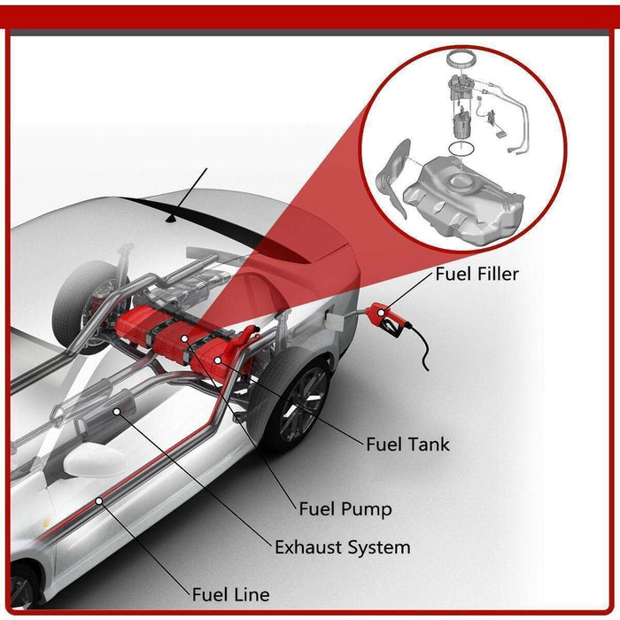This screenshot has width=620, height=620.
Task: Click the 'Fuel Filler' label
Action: (x=476, y=274)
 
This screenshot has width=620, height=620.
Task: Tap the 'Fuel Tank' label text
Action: (x=407, y=444)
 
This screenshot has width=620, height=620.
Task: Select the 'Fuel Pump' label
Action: (x=345, y=508)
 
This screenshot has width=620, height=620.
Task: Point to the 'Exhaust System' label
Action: (x=342, y=546)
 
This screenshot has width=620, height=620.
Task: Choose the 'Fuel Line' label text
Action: (x=230, y=593)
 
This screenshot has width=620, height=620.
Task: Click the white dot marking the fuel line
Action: (x=100, y=500)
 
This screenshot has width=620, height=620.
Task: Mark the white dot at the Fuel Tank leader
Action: (x=218, y=361)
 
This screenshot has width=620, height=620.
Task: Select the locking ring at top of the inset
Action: (x=461, y=60)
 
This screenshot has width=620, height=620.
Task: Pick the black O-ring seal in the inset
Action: (x=459, y=142)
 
